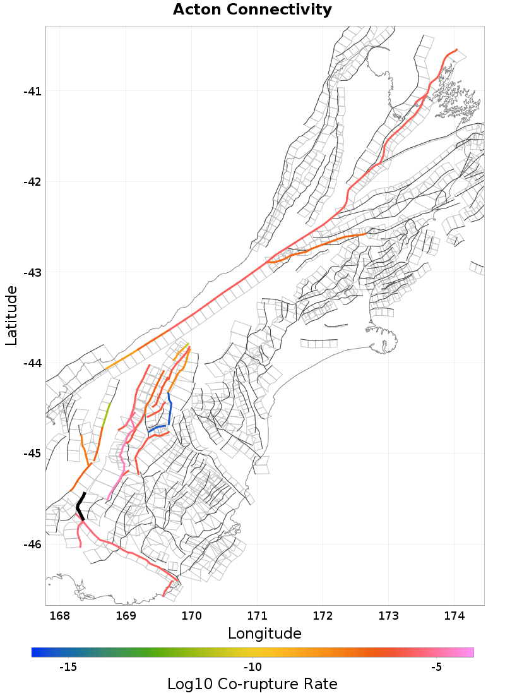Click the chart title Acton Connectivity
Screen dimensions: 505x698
click(x=252, y=10)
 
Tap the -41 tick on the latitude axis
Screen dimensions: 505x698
click(x=32, y=92)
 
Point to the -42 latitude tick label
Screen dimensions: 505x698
click(x=32, y=182)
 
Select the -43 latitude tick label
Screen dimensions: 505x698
click(x=32, y=273)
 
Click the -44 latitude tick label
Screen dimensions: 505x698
click(x=32, y=363)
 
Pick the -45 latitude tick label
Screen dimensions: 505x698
click(x=32, y=454)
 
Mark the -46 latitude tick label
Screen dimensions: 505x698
click(x=32, y=545)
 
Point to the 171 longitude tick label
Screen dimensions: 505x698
click(x=258, y=615)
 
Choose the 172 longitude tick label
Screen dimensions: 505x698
click(x=323, y=615)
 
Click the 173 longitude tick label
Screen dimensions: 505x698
click(x=389, y=615)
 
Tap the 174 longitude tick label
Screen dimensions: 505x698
click(x=454, y=615)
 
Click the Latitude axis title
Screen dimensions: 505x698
click(x=12, y=315)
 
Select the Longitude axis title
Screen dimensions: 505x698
click(x=264, y=634)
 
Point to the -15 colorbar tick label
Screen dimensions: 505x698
click(x=68, y=668)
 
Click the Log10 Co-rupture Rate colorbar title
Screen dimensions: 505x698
click(x=252, y=684)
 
